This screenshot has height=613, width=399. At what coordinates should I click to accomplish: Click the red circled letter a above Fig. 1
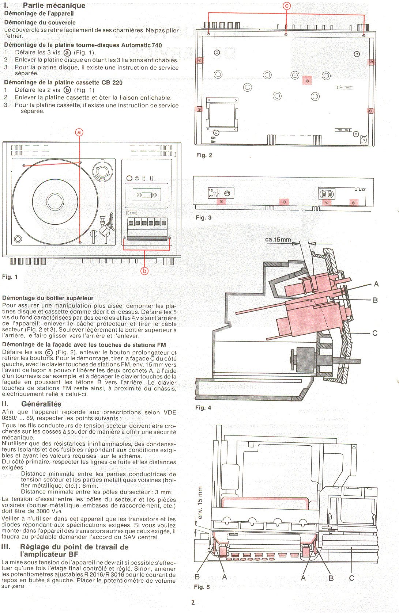[79, 133]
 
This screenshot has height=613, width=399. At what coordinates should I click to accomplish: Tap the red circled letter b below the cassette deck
[144, 271]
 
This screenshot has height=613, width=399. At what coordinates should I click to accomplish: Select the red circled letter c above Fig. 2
[287, 6]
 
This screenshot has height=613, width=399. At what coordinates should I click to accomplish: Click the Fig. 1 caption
[10, 277]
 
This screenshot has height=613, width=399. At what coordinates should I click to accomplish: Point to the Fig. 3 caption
[203, 218]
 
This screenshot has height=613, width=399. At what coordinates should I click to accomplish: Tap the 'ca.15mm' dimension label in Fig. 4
[278, 239]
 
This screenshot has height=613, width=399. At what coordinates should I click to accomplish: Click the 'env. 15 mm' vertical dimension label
[200, 502]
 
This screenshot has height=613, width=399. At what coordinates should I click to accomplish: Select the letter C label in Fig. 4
[375, 333]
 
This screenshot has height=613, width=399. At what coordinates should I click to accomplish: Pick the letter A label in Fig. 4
[376, 284]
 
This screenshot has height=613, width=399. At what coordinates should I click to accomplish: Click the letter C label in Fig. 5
[351, 578]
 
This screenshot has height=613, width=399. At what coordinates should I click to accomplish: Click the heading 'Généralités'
[41, 404]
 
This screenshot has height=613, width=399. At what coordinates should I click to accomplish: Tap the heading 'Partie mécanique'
[54, 5]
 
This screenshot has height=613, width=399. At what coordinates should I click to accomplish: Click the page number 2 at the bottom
[193, 602]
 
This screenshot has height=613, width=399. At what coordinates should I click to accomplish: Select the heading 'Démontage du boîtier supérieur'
[48, 298]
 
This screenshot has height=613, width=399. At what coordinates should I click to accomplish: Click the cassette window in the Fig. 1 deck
[147, 195]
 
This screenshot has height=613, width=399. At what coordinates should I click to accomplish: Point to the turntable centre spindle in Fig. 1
[55, 202]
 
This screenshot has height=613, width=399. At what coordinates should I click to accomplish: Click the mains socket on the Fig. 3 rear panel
[326, 194]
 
